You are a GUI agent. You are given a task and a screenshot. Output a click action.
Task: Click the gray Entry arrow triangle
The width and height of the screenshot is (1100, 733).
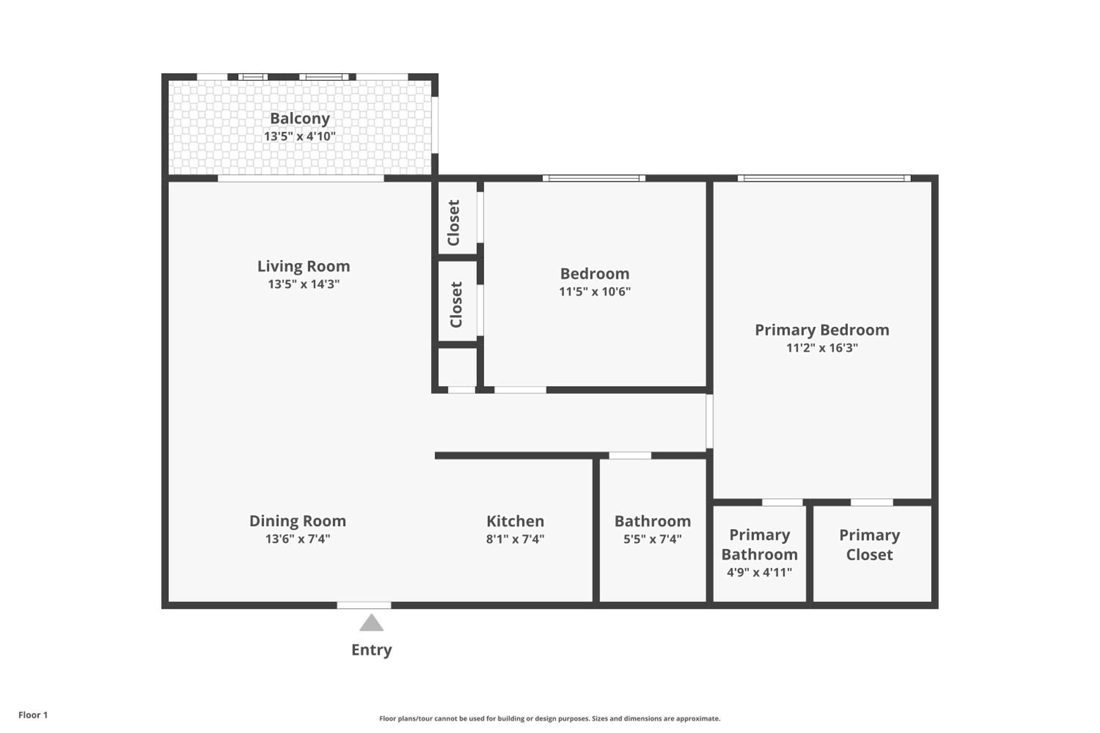coord(371,623)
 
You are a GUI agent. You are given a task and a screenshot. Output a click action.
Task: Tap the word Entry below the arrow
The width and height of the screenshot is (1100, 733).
coord(372,650)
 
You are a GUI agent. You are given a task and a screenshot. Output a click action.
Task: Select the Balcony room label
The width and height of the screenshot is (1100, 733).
coord(300,119)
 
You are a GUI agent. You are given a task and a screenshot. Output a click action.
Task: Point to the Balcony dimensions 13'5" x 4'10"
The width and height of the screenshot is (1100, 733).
coord(300,136)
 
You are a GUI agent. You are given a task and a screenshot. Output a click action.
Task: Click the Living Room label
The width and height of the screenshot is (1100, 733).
coord(304,266)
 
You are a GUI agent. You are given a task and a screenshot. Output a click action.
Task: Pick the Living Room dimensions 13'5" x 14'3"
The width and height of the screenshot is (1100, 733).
coord(304,284)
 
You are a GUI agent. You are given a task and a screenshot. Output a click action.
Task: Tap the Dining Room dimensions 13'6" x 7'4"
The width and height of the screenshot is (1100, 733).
coord(297,539)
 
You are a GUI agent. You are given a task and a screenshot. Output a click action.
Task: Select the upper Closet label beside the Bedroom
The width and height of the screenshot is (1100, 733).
coord(454,222)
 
